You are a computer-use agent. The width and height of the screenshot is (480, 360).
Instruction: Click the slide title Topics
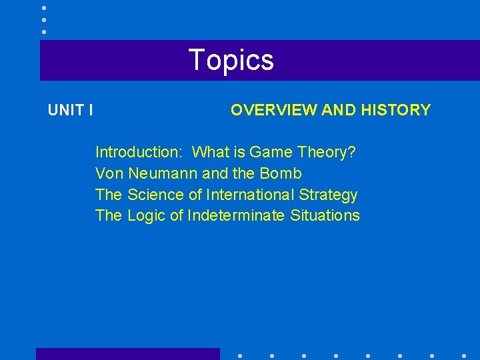tap(231, 60)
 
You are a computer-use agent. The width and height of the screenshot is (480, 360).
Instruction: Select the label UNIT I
tap(70, 110)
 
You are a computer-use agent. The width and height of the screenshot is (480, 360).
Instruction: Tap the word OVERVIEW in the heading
tap(273, 110)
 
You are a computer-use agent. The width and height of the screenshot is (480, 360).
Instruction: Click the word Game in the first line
tap(272, 152)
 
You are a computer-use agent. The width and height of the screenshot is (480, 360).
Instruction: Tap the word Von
tap(109, 173)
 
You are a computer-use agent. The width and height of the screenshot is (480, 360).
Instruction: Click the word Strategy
tap(329, 195)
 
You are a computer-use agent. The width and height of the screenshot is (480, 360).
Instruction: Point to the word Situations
tap(325, 216)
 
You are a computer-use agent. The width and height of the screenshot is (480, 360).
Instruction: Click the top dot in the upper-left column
tap(44, 7)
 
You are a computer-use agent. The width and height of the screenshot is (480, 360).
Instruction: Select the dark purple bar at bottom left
tap(127, 354)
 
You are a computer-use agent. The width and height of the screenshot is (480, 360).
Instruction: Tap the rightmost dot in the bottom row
tap(464, 355)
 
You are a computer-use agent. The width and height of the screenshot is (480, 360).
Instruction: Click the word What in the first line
tap(209, 152)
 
